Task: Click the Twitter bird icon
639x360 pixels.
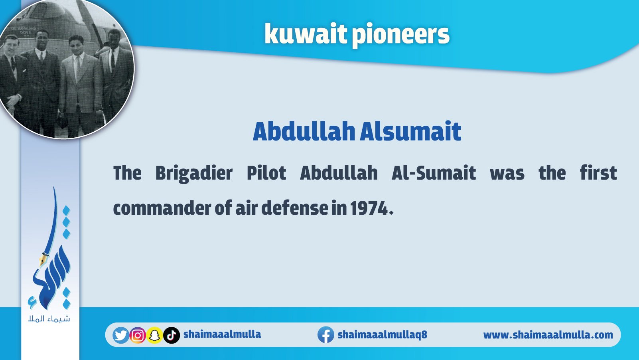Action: [x=121, y=335]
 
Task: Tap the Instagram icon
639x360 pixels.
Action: [x=138, y=335]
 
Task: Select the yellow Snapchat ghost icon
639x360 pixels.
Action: [x=154, y=335]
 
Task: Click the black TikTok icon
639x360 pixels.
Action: [x=172, y=335]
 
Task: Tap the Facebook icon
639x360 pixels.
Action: [x=326, y=334]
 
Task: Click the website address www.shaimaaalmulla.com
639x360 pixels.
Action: [x=548, y=335]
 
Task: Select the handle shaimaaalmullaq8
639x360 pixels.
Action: [x=382, y=334]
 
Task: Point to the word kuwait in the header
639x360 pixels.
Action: [x=306, y=34]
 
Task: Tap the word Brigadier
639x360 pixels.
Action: [x=194, y=173]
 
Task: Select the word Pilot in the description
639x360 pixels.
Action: [x=266, y=173]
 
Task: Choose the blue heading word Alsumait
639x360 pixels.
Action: [x=410, y=131]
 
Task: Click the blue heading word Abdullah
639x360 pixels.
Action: [x=304, y=131]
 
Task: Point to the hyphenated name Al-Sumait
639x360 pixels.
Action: [x=434, y=173]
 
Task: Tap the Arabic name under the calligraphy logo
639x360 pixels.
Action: [x=49, y=318]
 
